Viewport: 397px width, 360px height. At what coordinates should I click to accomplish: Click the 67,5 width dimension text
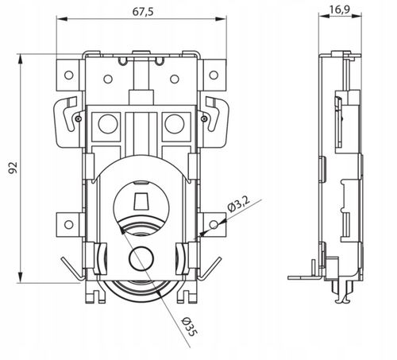143,12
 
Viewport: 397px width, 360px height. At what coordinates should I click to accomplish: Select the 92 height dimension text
13,168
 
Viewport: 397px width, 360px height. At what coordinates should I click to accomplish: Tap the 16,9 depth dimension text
340,10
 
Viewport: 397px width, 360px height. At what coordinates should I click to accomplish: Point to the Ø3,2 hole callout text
238,204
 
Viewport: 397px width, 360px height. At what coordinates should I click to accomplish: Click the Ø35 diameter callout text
189,327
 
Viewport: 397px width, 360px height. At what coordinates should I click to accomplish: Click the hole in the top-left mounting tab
69,75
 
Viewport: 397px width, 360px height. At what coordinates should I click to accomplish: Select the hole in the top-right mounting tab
214,75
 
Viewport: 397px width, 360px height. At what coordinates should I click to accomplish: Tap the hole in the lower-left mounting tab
69,225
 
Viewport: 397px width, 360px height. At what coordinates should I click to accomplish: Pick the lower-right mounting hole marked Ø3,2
214,225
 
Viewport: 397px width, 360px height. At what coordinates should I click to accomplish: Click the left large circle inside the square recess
108,124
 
